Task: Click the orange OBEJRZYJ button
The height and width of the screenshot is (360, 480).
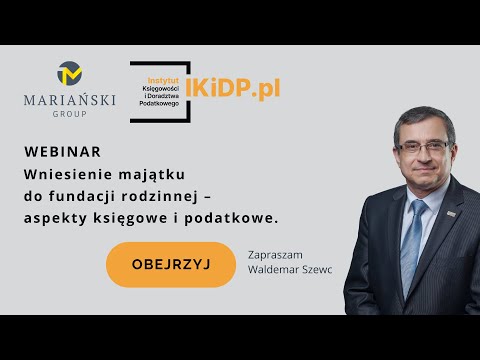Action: tap(156, 264)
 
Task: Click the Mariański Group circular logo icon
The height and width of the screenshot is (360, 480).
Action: tap(70, 73)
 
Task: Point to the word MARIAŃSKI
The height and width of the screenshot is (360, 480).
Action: tap(70, 100)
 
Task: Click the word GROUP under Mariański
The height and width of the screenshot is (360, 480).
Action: tap(70, 114)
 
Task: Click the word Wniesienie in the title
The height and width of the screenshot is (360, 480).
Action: tap(67, 173)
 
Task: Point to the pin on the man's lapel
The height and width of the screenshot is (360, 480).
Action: tap(453, 214)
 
